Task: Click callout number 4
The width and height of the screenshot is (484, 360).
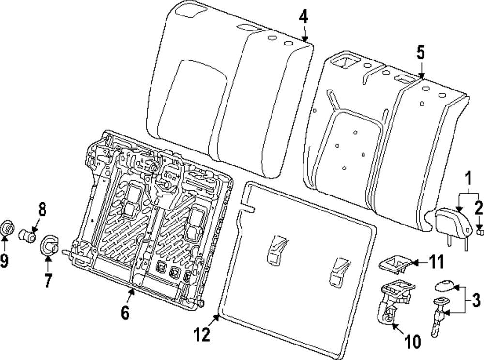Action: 303,17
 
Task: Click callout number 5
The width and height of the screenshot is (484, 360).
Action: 421,52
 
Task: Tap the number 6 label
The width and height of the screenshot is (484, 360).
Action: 125,313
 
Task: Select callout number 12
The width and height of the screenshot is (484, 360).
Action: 202,334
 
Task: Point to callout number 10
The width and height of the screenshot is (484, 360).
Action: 413,341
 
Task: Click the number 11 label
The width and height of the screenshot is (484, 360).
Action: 436,262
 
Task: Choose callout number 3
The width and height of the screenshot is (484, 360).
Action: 476,300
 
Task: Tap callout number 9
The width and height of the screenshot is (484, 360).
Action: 4,261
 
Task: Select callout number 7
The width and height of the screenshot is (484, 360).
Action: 47,280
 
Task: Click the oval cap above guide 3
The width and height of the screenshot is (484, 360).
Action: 444,285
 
